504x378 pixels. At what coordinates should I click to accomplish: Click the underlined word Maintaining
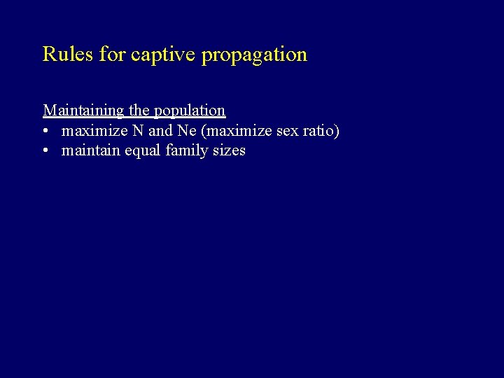(x=83, y=111)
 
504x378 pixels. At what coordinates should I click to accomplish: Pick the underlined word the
(x=139, y=111)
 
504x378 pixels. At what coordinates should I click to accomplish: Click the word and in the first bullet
(x=160, y=131)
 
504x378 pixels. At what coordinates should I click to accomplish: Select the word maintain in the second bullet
(x=90, y=150)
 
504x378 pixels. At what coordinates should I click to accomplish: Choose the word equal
(x=142, y=151)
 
